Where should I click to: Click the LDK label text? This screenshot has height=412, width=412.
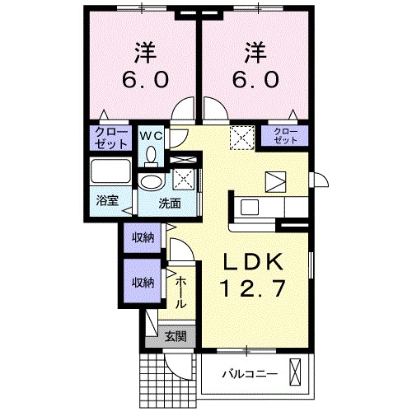click(x=255, y=263)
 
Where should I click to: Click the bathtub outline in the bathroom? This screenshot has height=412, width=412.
click(x=110, y=173)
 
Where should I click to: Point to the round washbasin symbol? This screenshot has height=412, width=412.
click(x=150, y=182)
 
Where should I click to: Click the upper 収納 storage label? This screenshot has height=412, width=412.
click(x=142, y=238)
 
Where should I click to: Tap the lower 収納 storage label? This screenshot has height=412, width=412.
click(x=142, y=281)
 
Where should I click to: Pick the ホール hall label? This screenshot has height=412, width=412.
click(x=181, y=293)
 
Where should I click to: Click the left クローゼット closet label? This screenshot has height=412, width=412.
click(x=110, y=137)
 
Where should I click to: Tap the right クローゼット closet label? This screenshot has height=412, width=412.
click(x=284, y=136)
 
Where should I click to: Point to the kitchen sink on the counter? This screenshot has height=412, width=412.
click(x=250, y=206)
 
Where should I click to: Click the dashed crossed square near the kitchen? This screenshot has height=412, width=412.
click(x=241, y=136)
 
